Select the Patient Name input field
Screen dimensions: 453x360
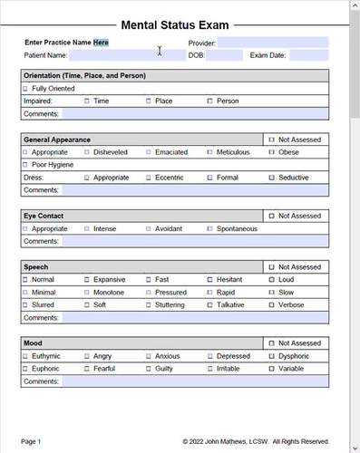click(x=127, y=55)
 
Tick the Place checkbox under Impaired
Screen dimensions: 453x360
click(x=149, y=101)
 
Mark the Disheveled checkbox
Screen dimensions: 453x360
click(x=87, y=152)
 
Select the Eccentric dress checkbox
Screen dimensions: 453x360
click(x=149, y=178)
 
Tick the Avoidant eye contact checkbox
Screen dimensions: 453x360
click(x=149, y=228)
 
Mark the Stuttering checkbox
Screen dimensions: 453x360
click(x=149, y=305)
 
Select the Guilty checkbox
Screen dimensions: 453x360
click(x=149, y=369)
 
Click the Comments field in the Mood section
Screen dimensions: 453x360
click(x=194, y=382)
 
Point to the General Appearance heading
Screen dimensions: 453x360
click(x=57, y=140)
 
